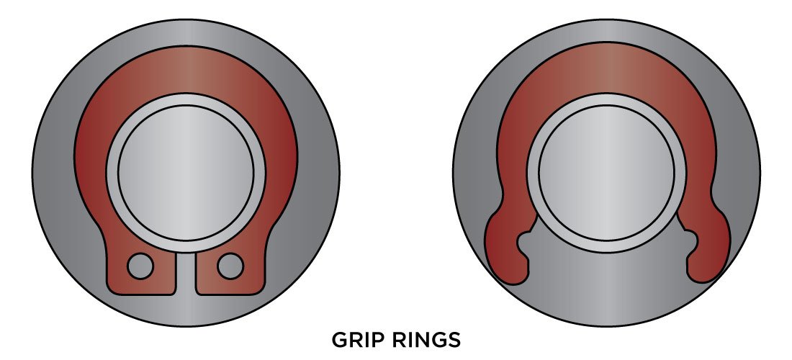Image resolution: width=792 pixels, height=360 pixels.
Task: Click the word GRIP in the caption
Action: pyautogui.click(x=358, y=339)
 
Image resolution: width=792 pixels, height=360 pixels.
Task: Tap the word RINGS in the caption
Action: pyautogui.click(x=424, y=339)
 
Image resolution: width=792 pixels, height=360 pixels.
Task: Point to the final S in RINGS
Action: pyautogui.click(x=453, y=339)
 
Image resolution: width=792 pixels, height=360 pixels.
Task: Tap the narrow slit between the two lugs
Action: pyautogui.click(x=186, y=274)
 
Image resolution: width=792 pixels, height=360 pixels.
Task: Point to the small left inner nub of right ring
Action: pyautogui.click(x=526, y=238)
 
